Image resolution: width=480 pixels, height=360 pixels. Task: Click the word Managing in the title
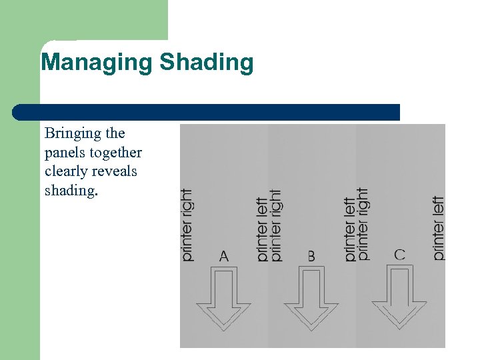97,63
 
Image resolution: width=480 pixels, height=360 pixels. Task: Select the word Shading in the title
207,63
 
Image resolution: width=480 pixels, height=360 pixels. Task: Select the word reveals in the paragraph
115,171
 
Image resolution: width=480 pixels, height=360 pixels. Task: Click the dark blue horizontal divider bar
207,112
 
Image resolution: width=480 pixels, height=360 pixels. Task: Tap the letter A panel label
224,255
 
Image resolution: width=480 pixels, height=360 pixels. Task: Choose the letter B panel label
311,255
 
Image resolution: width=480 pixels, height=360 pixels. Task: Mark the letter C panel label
399,254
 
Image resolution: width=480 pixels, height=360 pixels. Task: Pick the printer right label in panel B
276,225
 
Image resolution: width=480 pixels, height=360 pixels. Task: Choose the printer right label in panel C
363,223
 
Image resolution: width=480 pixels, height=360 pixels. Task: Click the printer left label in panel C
438,227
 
